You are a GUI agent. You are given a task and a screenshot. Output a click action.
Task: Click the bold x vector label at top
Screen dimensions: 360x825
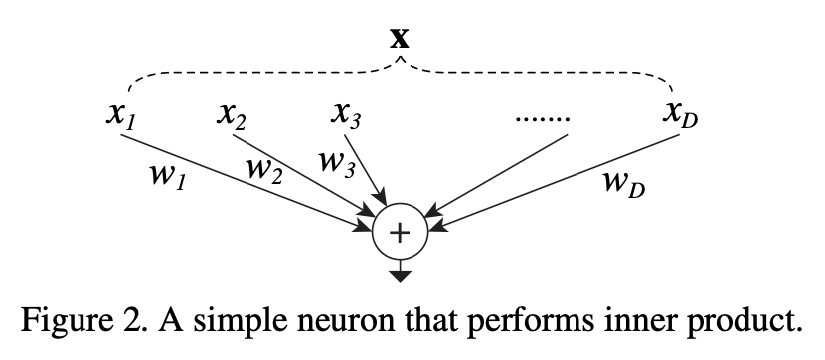pyautogui.click(x=399, y=38)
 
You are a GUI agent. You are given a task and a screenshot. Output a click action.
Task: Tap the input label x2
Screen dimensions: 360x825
pyautogui.click(x=232, y=116)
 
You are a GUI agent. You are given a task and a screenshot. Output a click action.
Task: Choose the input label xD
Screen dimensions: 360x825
pyautogui.click(x=681, y=116)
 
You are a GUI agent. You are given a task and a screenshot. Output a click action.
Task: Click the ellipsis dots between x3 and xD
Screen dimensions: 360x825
pyautogui.click(x=544, y=120)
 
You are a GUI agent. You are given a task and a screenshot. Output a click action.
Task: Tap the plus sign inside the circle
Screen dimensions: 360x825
pyautogui.click(x=399, y=233)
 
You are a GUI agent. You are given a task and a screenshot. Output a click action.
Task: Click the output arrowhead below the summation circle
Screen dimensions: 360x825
pyautogui.click(x=399, y=275)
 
